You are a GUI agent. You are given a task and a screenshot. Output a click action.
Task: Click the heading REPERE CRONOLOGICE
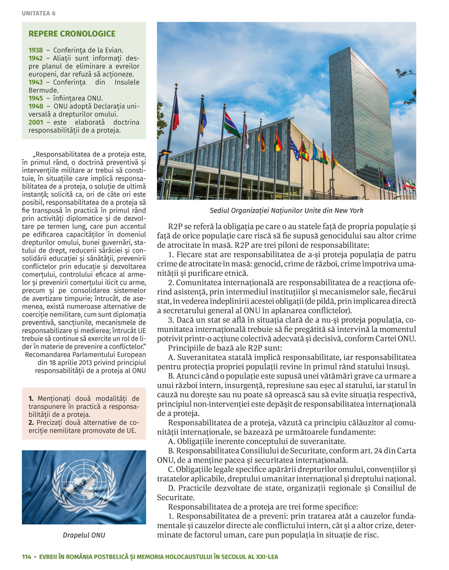pyautogui.click(x=72, y=34)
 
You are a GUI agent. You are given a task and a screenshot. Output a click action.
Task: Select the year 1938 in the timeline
pyautogui.click(x=36, y=50)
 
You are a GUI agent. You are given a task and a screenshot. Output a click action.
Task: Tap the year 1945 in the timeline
pyautogui.click(x=36, y=98)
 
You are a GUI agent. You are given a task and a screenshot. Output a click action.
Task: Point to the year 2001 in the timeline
pyautogui.click(x=36, y=122)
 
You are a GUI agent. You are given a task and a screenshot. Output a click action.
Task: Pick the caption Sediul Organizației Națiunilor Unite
pyautogui.click(x=286, y=210)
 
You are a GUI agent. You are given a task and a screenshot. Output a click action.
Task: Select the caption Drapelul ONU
pyautogui.click(x=84, y=535)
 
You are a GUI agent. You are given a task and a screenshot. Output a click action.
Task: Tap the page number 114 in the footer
pyautogui.click(x=26, y=557)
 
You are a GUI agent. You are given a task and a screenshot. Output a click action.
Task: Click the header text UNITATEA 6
pyautogui.click(x=39, y=13)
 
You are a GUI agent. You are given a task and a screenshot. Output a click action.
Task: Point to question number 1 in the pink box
pyautogui.click(x=31, y=398)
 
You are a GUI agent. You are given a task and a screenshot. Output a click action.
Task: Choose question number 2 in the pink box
pyautogui.click(x=31, y=423)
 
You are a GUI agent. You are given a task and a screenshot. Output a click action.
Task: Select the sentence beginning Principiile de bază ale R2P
pyautogui.click(x=225, y=348)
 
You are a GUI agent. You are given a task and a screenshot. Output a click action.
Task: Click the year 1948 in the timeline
pyautogui.click(x=36, y=106)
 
